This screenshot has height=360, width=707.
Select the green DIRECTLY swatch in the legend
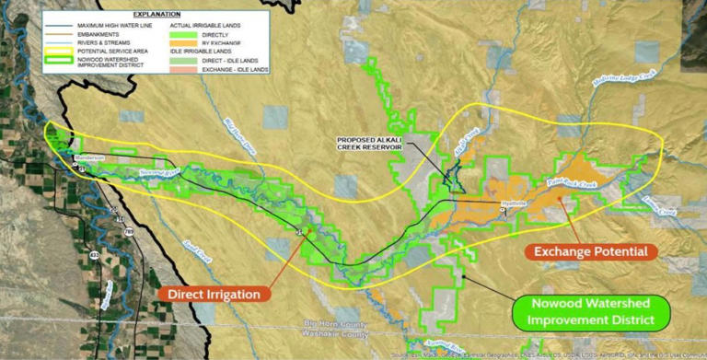click(175, 32)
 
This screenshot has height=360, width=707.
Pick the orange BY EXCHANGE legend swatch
click(175, 41)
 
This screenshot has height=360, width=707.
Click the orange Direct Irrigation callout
click(214, 294)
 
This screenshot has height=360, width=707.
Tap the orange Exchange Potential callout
click(590, 251)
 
